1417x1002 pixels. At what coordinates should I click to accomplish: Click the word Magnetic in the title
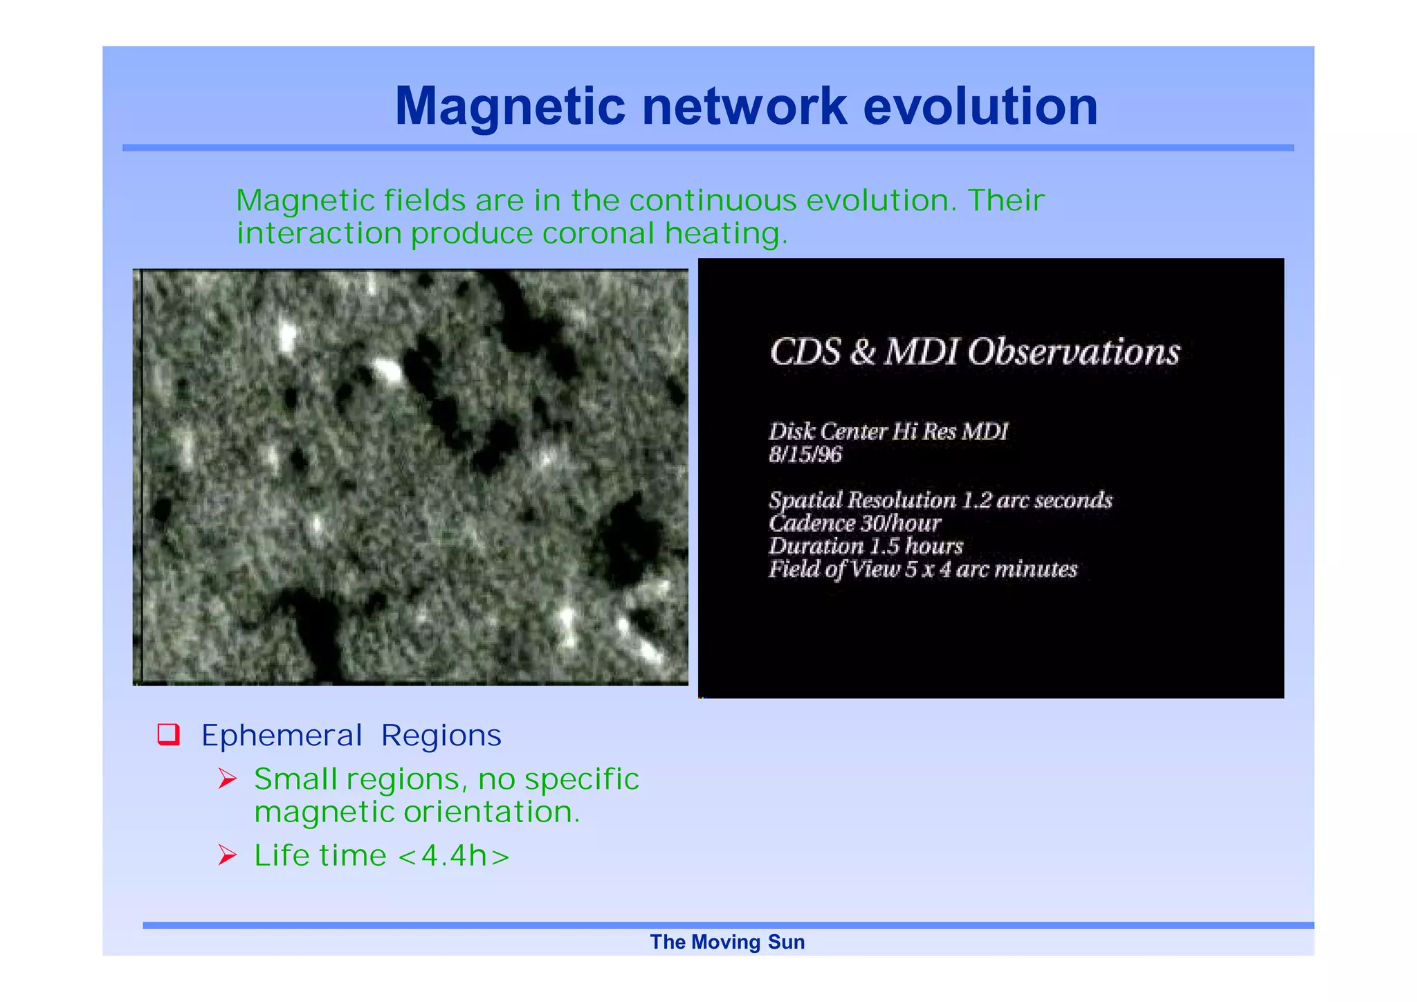pyautogui.click(x=510, y=107)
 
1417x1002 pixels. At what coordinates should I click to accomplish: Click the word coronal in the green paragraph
pyautogui.click(x=598, y=233)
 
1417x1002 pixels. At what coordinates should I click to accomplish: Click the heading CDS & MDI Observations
pyautogui.click(x=974, y=352)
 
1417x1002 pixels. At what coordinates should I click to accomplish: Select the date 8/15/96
pyautogui.click(x=805, y=455)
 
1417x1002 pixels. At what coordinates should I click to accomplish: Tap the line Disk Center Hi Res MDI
pyautogui.click(x=888, y=432)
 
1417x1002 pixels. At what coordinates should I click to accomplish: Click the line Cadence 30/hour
pyautogui.click(x=854, y=523)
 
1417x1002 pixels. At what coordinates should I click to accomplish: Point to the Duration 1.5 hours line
pyautogui.click(x=865, y=546)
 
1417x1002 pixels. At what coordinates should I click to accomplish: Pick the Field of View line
pyautogui.click(x=922, y=569)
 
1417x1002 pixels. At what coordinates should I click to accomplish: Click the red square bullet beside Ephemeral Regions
pyautogui.click(x=169, y=734)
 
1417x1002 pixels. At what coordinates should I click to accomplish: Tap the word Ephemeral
pyautogui.click(x=282, y=736)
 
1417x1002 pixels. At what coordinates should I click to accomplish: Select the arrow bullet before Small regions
pyautogui.click(x=227, y=779)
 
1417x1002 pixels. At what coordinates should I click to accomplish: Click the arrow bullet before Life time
pyautogui.click(x=227, y=855)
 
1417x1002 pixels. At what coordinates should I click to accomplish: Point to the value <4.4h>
pyautogui.click(x=454, y=856)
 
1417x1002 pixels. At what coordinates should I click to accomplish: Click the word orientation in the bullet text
pyautogui.click(x=491, y=812)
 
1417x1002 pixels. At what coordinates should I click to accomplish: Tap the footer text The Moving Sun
pyautogui.click(x=726, y=942)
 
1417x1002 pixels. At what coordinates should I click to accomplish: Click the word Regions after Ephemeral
pyautogui.click(x=441, y=736)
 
